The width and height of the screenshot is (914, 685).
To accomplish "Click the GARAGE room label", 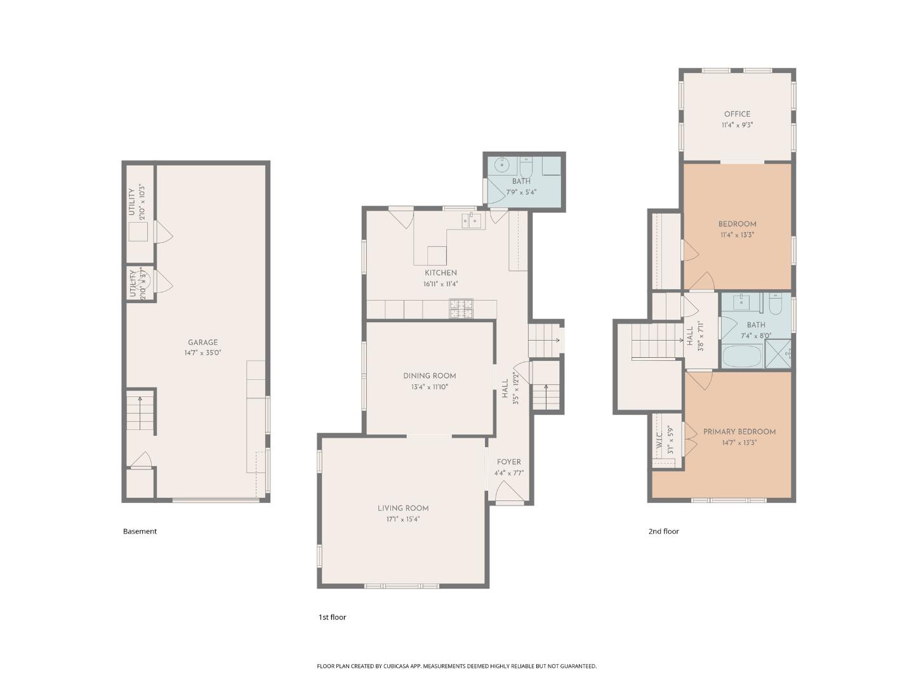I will click(x=202, y=342).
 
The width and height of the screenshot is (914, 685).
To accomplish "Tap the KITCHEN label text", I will click(x=440, y=273).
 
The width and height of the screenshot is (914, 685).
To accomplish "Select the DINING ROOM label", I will click(x=429, y=375).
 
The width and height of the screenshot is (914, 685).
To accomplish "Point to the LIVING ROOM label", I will click(x=403, y=508).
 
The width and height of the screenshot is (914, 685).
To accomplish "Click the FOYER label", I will click(x=508, y=462).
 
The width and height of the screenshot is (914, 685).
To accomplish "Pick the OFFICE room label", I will click(x=737, y=114).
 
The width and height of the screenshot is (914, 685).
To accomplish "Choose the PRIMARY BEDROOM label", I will click(x=739, y=432).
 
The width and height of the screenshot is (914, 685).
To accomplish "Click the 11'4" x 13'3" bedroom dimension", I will click(x=737, y=235).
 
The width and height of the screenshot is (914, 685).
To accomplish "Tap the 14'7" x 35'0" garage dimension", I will click(x=202, y=353).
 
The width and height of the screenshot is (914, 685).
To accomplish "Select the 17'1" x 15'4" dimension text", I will click(x=403, y=519).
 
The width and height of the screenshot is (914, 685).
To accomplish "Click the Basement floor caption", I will click(x=140, y=532).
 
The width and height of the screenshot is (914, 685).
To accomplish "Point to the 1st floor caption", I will click(x=332, y=617).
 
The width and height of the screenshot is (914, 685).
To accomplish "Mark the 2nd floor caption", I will click(x=663, y=532).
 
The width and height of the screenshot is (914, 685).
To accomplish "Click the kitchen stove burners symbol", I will click(x=461, y=308).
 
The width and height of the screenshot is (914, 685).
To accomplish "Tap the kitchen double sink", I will click(x=472, y=220).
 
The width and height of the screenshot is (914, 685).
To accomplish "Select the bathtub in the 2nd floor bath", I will click(x=741, y=356).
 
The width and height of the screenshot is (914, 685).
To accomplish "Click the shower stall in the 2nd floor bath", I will click(x=778, y=353).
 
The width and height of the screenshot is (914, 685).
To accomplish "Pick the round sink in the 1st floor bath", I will click(x=503, y=166).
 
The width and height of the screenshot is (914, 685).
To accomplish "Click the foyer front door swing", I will click(x=506, y=491).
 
